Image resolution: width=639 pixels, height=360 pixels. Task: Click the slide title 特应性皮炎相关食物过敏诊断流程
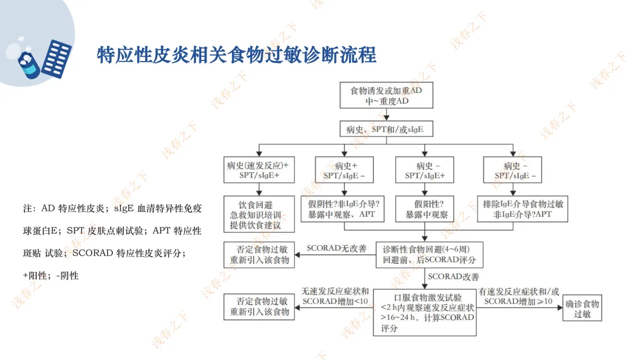237,55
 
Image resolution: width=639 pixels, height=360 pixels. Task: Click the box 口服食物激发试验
425,313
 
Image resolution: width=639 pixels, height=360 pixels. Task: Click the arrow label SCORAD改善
453,277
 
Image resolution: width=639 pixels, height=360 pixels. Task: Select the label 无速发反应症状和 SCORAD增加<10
335,297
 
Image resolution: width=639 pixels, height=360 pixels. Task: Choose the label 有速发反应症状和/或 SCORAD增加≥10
519,297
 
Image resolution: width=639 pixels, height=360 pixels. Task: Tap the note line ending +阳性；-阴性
51,275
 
